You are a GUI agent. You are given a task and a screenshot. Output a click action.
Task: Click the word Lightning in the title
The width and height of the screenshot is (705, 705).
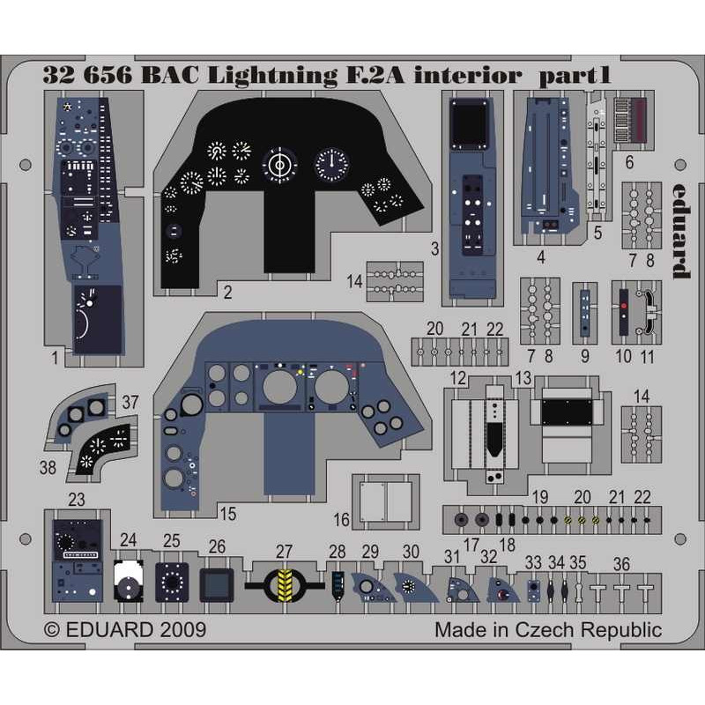pos(272,76)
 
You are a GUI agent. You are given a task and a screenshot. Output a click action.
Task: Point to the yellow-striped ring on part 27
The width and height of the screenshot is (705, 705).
pos(284,585)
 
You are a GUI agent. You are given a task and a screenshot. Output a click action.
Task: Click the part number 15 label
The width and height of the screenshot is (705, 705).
pos(228,514)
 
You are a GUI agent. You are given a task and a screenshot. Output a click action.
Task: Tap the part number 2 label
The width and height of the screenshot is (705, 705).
pos(228,293)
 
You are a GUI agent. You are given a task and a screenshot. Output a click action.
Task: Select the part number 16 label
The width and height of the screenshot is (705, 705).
pos(341,520)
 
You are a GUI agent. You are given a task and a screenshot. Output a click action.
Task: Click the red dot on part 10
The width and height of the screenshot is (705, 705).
pos(624,306)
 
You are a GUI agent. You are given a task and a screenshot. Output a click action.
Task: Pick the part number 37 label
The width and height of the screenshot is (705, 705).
pos(130,402)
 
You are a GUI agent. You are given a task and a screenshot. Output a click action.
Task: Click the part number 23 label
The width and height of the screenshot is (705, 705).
pos(77,500)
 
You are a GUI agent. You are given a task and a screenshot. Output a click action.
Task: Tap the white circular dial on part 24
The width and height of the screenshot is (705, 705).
pos(129,581)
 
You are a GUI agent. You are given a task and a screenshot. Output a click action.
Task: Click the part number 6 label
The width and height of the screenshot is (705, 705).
pos(629,162)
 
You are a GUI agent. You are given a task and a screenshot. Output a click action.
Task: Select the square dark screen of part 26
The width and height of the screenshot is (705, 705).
pos(217,585)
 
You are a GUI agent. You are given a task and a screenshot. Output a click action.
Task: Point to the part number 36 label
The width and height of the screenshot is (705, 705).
pos(621,564)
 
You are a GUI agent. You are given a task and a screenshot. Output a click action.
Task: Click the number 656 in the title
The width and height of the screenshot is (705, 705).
pos(108,76)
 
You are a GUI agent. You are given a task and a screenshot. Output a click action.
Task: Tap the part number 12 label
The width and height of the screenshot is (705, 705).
pos(457,378)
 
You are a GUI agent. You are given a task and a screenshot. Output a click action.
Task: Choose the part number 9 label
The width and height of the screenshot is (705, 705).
pos(584,356)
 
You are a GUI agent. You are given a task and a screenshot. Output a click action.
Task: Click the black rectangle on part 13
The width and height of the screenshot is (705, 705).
pos(567,412)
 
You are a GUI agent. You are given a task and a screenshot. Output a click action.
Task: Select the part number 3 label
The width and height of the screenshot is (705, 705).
pos(434,249)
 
